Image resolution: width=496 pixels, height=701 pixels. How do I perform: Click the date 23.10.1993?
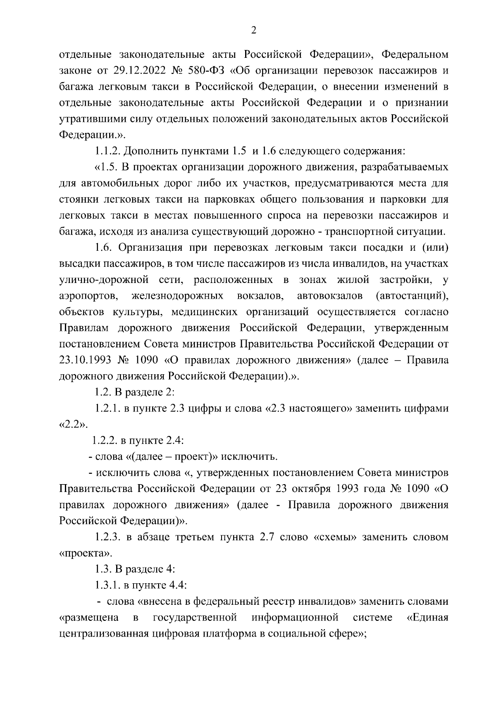(85, 360)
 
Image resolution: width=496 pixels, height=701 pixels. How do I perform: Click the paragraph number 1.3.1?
(107, 585)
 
